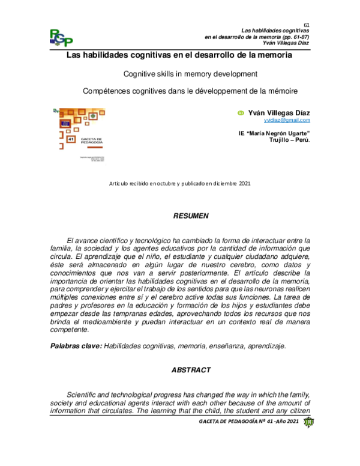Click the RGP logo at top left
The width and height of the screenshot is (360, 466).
coord(61,38)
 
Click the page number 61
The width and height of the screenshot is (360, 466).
coord(305,23)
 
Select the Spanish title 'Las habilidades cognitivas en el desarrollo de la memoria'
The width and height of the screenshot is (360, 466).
coord(179,56)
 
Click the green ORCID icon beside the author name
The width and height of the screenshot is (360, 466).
coord(241,112)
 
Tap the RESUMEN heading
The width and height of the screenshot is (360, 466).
coord(190,214)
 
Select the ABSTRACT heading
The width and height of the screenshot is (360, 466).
coord(190,369)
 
